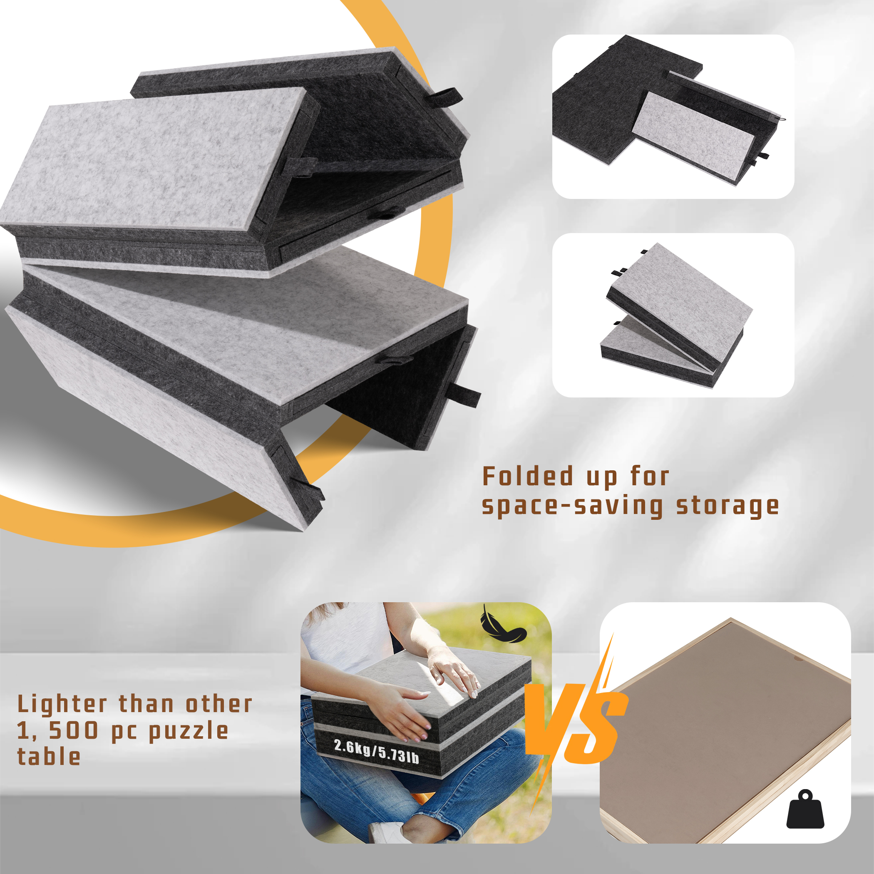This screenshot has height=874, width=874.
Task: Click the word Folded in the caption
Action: [527, 477]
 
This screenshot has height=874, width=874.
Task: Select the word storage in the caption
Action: [728, 506]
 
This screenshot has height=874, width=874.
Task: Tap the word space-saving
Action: [572, 506]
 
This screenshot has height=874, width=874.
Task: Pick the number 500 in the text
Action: [73, 730]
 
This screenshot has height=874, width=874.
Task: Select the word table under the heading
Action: [49, 757]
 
